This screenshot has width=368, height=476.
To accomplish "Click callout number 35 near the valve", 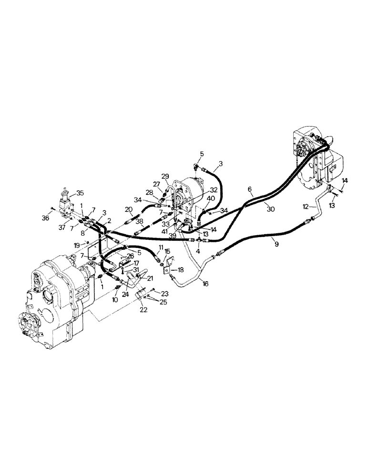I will tap(80, 193).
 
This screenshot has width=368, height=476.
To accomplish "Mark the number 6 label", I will tap(250, 189).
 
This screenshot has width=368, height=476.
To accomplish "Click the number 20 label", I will tap(128, 209).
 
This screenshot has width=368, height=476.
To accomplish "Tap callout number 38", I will tap(139, 222).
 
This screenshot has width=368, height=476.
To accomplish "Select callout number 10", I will tap(115, 300).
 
